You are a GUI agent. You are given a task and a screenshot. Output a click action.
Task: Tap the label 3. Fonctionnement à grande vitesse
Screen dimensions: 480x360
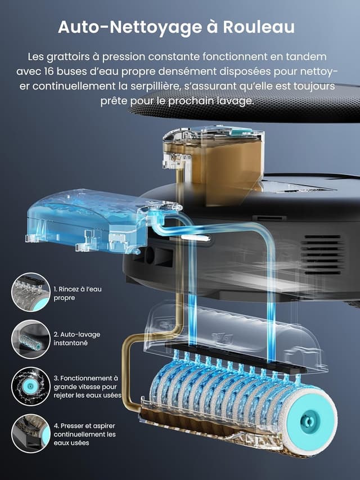click(87, 387)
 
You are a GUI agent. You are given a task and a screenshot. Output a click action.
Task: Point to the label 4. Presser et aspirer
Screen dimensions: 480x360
click(84, 434)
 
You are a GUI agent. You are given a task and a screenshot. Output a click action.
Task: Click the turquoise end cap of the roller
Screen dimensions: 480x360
click(310, 421)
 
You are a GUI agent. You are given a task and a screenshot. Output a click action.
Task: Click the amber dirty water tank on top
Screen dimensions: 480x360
click(217, 163)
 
